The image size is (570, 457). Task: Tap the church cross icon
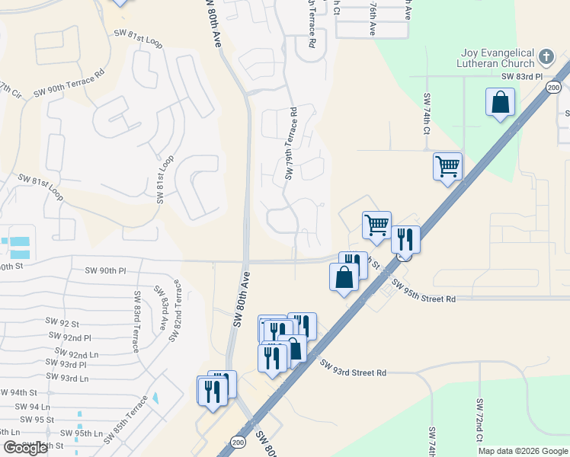coord(546,56)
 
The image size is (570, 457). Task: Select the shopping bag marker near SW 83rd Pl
coord(500,103)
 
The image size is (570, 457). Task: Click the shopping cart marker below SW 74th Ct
coord(447,167)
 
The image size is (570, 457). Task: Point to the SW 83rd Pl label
coord(521,77)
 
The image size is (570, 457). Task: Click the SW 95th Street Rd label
coord(424,292)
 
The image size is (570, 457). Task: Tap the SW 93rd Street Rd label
coord(353,369)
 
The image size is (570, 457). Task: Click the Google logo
coord(25,448)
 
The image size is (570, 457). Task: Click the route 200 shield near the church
coord(553,88)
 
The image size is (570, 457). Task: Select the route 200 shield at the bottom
coord(239,441)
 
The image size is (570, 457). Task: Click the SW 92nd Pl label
coord(69,336)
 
